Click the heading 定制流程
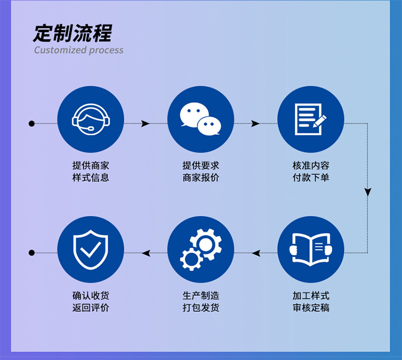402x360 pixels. point(72,33)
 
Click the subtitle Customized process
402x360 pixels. point(79,50)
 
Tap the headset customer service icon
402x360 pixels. point(91,119)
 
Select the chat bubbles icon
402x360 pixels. point(200,119)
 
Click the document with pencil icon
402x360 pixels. point(310,119)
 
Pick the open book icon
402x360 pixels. point(310,249)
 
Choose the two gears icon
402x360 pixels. point(200,249)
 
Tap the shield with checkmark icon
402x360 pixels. point(91,249)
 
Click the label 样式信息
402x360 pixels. point(91,178)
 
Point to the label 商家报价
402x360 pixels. point(200,178)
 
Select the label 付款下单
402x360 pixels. point(310,178)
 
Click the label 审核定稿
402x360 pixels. point(310,307)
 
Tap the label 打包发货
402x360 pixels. point(200,307)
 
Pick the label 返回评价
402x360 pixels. point(91,307)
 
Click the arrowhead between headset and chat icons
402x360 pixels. point(145,124)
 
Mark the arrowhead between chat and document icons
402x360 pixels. point(255,124)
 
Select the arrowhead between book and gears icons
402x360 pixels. point(256,253)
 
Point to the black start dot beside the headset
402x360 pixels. point(32,124)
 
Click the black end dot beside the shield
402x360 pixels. point(32,253)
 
